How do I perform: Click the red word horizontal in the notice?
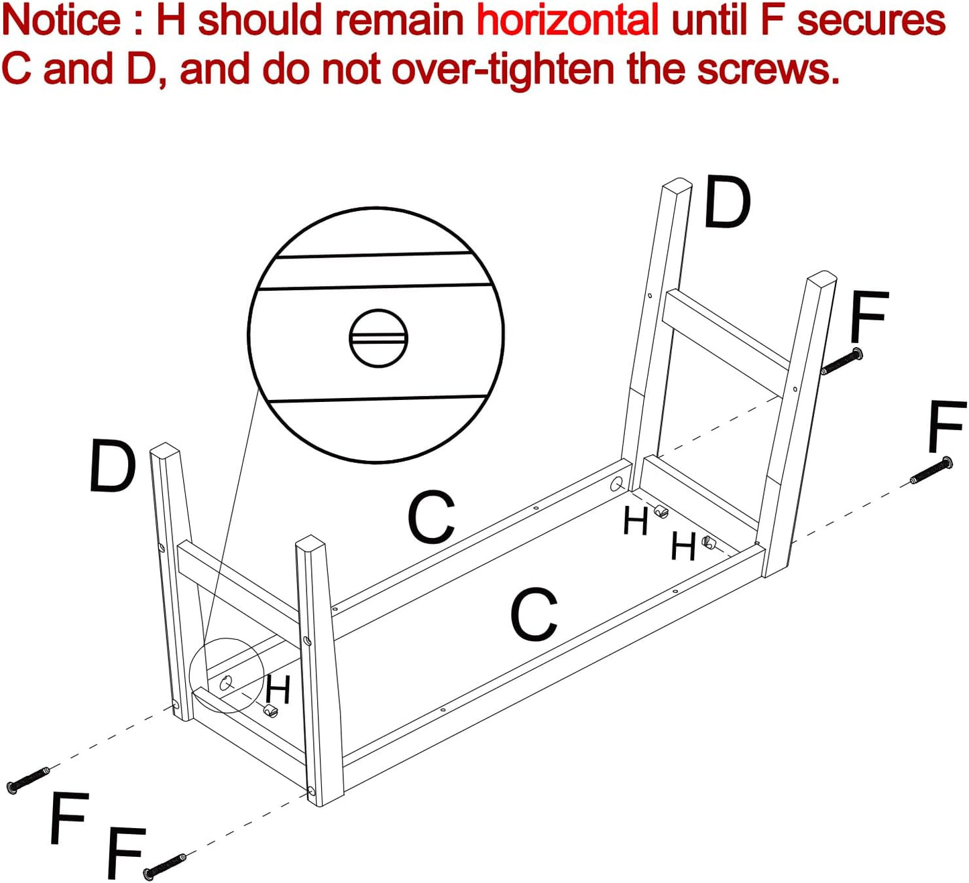point(567,20)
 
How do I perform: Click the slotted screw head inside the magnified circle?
point(379,338)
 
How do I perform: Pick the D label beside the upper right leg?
point(728,202)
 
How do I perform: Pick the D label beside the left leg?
point(113,466)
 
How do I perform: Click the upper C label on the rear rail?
point(431,517)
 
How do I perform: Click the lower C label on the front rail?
point(534,614)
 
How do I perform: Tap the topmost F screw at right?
point(842,361)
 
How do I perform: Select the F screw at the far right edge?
point(931,471)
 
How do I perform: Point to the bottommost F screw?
point(164,866)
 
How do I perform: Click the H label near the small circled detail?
point(278,689)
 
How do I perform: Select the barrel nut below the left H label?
point(270,710)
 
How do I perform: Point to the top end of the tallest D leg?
point(677,185)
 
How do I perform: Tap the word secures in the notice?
point(871,20)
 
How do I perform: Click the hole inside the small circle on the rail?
point(226,683)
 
